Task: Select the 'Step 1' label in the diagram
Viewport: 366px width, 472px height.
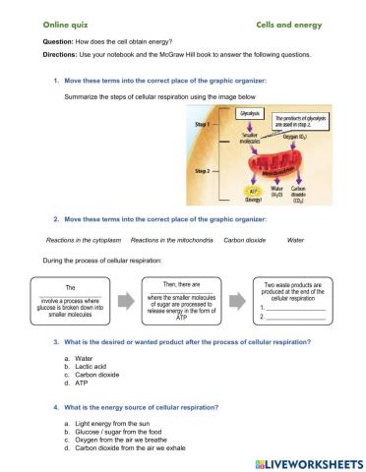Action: pos(202,126)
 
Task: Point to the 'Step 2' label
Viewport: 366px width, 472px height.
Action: pos(202,170)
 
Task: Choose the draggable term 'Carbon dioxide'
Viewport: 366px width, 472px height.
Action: pos(244,240)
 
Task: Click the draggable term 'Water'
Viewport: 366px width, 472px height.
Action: pos(295,240)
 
